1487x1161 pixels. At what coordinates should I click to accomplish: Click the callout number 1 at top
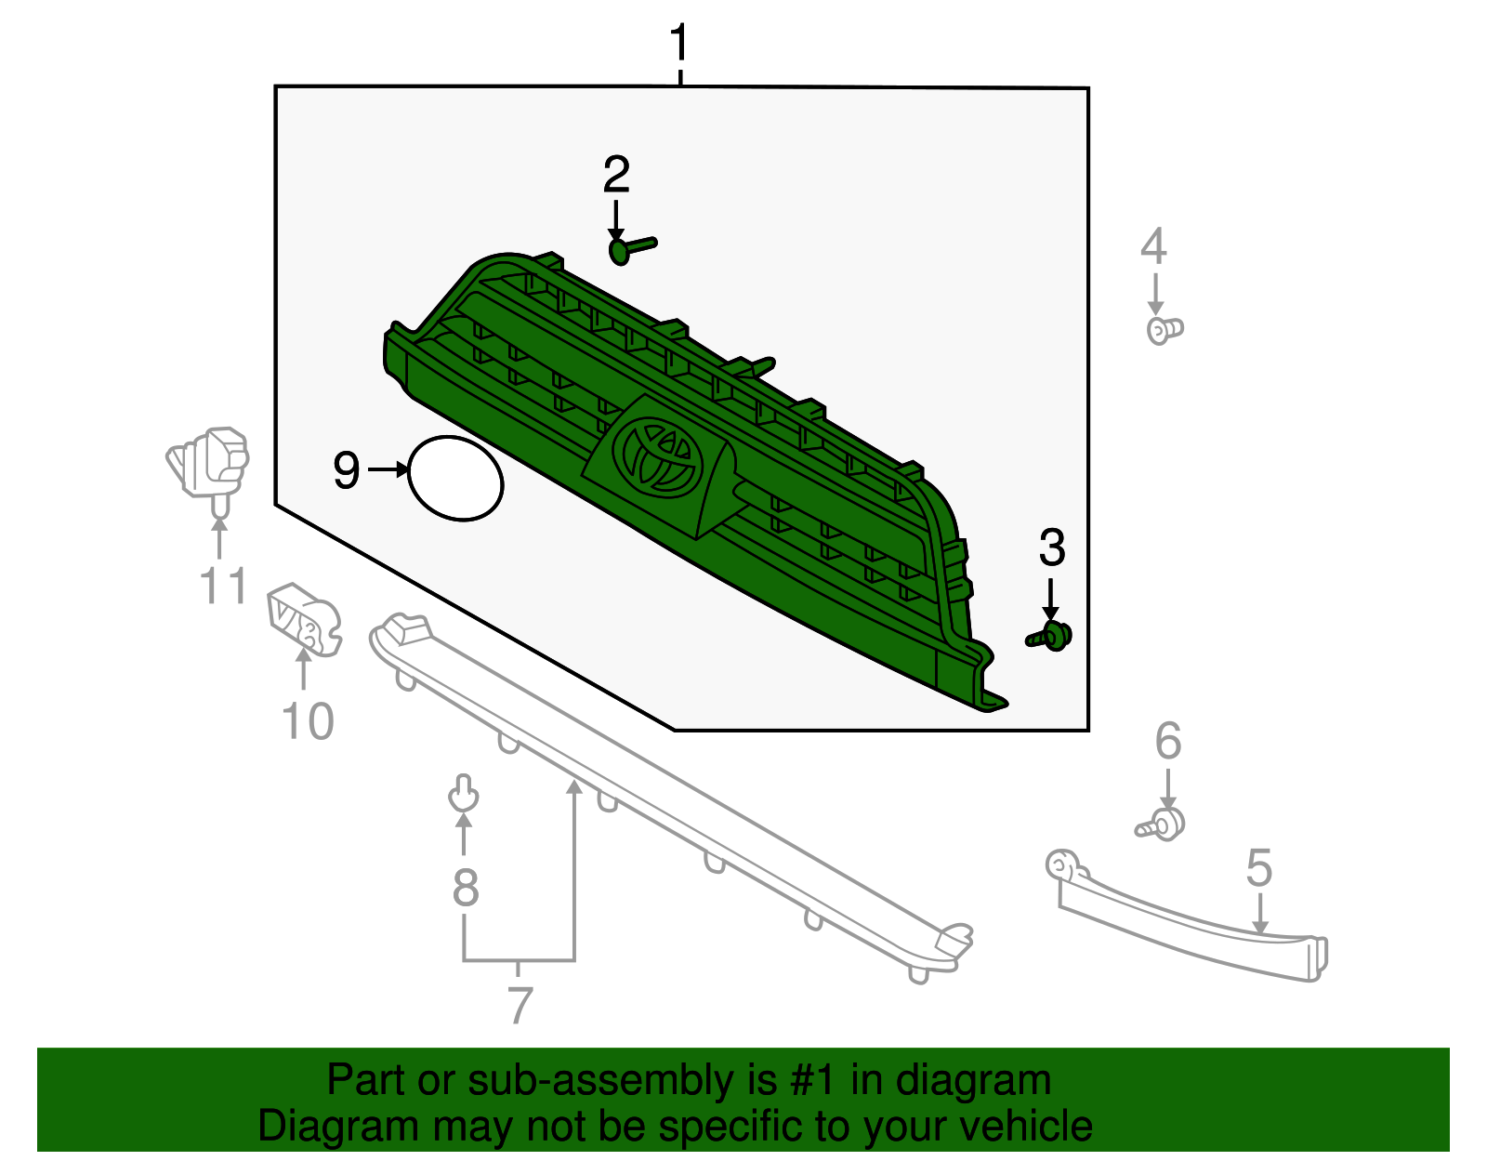coord(678,43)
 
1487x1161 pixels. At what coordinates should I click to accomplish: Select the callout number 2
coord(616,174)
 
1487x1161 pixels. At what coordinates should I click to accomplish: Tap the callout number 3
coord(1052,548)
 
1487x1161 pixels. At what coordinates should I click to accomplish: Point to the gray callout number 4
coord(1153,246)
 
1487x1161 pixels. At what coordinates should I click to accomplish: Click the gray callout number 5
coord(1259,867)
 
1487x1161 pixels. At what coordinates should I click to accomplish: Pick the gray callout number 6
coord(1168,740)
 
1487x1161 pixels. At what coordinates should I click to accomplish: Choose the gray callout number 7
coord(520,1004)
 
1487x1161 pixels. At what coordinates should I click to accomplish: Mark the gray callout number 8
coord(466,888)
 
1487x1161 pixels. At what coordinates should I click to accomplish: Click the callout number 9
coord(347,470)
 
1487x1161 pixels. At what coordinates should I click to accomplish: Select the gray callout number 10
coord(308,721)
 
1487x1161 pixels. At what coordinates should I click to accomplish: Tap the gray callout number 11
coord(224,586)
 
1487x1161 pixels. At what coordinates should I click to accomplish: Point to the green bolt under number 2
coord(632,250)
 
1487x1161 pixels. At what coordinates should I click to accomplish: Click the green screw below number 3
coord(1048,636)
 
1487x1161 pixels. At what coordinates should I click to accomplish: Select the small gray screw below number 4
coord(1165,330)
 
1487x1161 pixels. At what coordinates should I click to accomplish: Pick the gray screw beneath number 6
coord(1161,825)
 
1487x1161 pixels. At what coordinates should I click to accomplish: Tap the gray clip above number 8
coord(463,793)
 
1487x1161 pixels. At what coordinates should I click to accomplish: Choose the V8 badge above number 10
coord(304,620)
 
